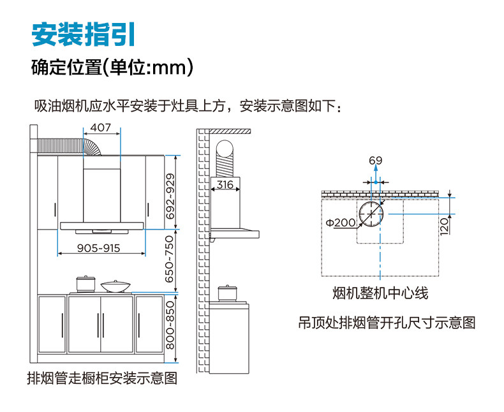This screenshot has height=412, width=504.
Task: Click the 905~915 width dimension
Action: click(99, 247)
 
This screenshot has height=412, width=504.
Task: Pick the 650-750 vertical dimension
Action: click(170, 261)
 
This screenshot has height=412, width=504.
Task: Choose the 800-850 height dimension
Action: click(170, 324)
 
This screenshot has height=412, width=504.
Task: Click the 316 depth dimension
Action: click(224, 185)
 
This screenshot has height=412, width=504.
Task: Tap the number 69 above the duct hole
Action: click(375, 160)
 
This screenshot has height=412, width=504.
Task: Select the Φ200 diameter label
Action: click(340, 223)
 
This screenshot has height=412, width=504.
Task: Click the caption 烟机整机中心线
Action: click(380, 293)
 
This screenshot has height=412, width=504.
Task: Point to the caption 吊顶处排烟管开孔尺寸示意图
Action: click(387, 323)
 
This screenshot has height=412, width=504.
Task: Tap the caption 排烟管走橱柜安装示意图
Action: click(101, 378)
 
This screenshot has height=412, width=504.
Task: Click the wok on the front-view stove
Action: click(115, 285)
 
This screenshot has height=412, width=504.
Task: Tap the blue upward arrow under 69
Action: click(376, 175)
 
